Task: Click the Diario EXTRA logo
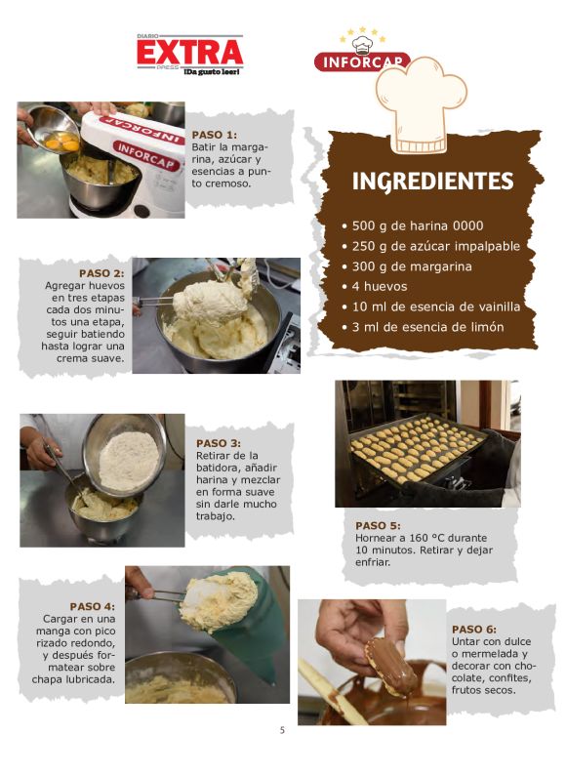pos(190,55)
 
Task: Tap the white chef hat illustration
pos(421,105)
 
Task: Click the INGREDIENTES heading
pos(432,182)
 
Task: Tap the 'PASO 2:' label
pos(101,273)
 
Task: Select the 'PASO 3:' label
pos(219,443)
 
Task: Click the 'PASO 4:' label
pos(93,606)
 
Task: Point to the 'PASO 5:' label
pos(378,526)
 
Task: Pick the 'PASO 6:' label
pos(474,630)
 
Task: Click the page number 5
pos(282,730)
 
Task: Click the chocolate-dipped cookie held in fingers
pos(391,666)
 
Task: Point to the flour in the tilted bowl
pos(129,461)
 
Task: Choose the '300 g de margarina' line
pos(412,266)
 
